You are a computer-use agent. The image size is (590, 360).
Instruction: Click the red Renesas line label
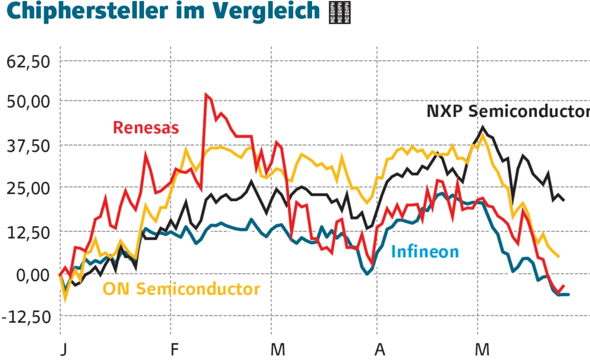(146, 127)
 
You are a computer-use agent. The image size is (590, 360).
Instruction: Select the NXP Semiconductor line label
(508, 112)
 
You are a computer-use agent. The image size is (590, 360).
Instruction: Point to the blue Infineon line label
(425, 252)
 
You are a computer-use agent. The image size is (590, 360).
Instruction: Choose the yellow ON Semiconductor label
(181, 289)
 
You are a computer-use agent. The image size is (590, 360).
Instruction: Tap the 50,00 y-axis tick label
(29, 102)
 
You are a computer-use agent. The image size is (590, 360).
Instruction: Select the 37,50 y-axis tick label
(29, 146)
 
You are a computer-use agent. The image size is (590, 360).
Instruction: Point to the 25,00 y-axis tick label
(29, 188)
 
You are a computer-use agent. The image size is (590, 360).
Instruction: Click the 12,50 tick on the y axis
(29, 232)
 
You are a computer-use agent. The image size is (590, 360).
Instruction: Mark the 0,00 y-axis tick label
(33, 275)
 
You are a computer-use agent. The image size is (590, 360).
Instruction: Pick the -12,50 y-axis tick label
(27, 317)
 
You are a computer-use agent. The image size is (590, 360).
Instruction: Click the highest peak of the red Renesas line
(206, 94)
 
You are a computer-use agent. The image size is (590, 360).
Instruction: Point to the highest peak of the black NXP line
(483, 127)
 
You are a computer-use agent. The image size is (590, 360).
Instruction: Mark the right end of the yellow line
(558, 256)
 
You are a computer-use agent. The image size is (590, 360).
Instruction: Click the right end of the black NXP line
(563, 200)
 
